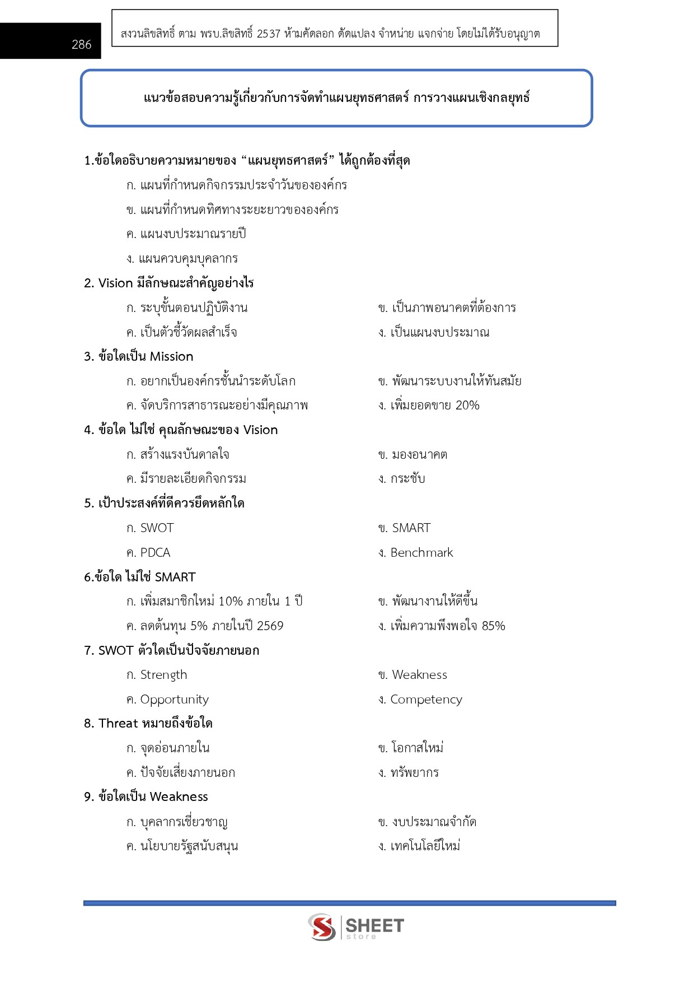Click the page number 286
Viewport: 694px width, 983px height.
[x=81, y=45]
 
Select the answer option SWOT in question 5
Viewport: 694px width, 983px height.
[x=157, y=528]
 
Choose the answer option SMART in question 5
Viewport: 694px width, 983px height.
[x=411, y=528]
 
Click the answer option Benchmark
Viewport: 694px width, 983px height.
[x=421, y=553]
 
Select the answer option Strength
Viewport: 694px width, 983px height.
[x=163, y=675]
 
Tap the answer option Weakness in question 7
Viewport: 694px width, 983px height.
[x=419, y=675]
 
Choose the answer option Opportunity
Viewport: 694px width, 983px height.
[x=174, y=700]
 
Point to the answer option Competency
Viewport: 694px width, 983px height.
[x=426, y=700]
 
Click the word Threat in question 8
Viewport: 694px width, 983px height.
[x=118, y=724]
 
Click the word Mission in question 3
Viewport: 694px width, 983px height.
[x=171, y=357]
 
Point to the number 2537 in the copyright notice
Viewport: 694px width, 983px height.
[x=269, y=34]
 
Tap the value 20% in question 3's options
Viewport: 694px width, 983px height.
[x=467, y=406]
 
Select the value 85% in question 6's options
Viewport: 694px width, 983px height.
[x=493, y=626]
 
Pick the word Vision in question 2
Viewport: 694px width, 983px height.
[x=115, y=283]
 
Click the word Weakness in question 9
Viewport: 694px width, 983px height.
[x=179, y=797]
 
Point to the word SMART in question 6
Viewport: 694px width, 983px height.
[x=175, y=577]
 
